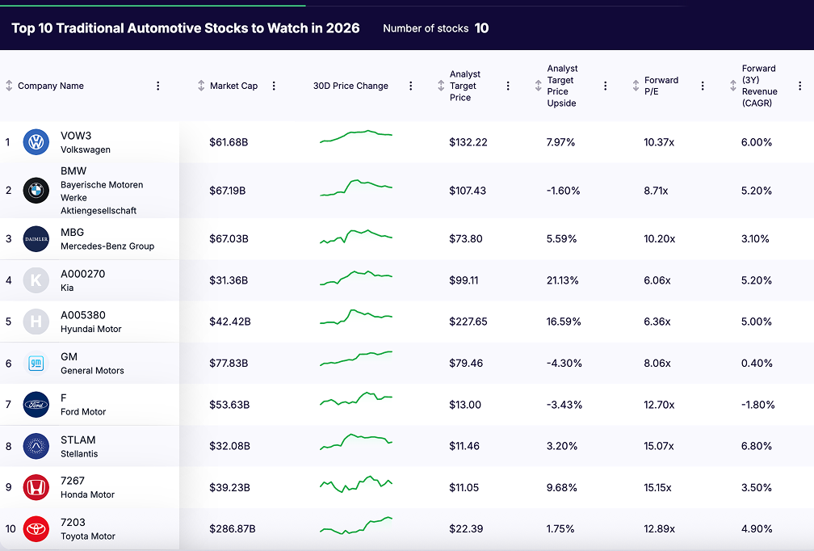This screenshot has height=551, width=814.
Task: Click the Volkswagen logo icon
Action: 36,142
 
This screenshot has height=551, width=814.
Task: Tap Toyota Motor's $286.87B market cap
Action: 233,529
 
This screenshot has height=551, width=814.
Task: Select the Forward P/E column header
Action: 661,86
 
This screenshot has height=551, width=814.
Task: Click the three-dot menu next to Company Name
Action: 158,86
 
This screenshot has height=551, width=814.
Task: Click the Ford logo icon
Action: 36,405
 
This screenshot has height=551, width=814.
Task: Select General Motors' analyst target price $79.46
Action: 466,364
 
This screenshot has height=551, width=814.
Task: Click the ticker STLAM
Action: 78,440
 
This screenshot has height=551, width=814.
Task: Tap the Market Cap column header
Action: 233,86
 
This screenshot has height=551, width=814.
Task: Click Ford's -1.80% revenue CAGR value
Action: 758,405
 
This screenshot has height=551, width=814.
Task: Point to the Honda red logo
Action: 36,487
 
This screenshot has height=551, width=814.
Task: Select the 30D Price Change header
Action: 350,86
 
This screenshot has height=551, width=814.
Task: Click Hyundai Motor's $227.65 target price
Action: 468,322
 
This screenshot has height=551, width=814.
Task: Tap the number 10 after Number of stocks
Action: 481,28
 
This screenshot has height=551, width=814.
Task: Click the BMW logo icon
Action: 36,191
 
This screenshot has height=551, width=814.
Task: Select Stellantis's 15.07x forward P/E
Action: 659,446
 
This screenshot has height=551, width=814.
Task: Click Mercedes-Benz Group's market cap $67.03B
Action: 229,239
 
